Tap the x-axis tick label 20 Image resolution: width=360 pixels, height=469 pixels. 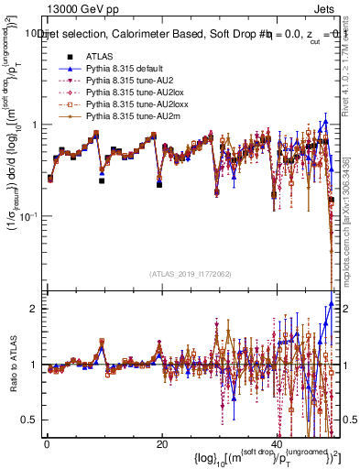(161, 444)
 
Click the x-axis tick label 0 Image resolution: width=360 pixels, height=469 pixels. (47, 444)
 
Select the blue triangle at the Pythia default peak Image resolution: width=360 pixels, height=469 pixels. (325, 121)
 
